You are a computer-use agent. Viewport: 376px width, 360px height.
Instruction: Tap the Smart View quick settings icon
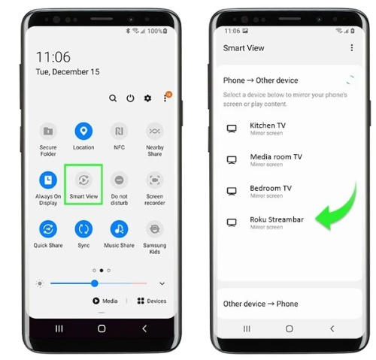83,180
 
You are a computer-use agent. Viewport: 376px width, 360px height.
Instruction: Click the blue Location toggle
83,131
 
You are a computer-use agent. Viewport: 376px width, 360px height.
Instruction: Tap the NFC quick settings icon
119,131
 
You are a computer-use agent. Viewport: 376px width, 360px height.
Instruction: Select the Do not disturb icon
119,180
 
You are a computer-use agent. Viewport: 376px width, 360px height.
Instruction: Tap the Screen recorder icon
155,180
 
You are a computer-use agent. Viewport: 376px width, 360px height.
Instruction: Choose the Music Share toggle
119,229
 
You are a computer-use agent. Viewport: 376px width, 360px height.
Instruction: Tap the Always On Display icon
48,180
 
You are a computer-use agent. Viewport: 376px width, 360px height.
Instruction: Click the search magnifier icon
113,98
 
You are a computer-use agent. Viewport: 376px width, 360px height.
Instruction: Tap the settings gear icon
147,98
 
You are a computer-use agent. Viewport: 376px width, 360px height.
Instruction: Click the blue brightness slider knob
95,283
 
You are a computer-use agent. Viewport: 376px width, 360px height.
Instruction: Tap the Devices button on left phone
152,301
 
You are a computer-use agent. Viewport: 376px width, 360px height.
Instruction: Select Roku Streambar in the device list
277,219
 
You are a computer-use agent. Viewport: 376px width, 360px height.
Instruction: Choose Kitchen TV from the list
268,126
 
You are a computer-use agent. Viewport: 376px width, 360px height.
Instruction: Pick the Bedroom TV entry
271,188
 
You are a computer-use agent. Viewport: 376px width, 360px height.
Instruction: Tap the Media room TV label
276,157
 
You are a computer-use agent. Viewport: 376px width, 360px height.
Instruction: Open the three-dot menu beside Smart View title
352,47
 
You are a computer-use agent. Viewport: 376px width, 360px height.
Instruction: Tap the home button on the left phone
102,328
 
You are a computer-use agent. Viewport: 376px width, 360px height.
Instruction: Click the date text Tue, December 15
68,72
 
